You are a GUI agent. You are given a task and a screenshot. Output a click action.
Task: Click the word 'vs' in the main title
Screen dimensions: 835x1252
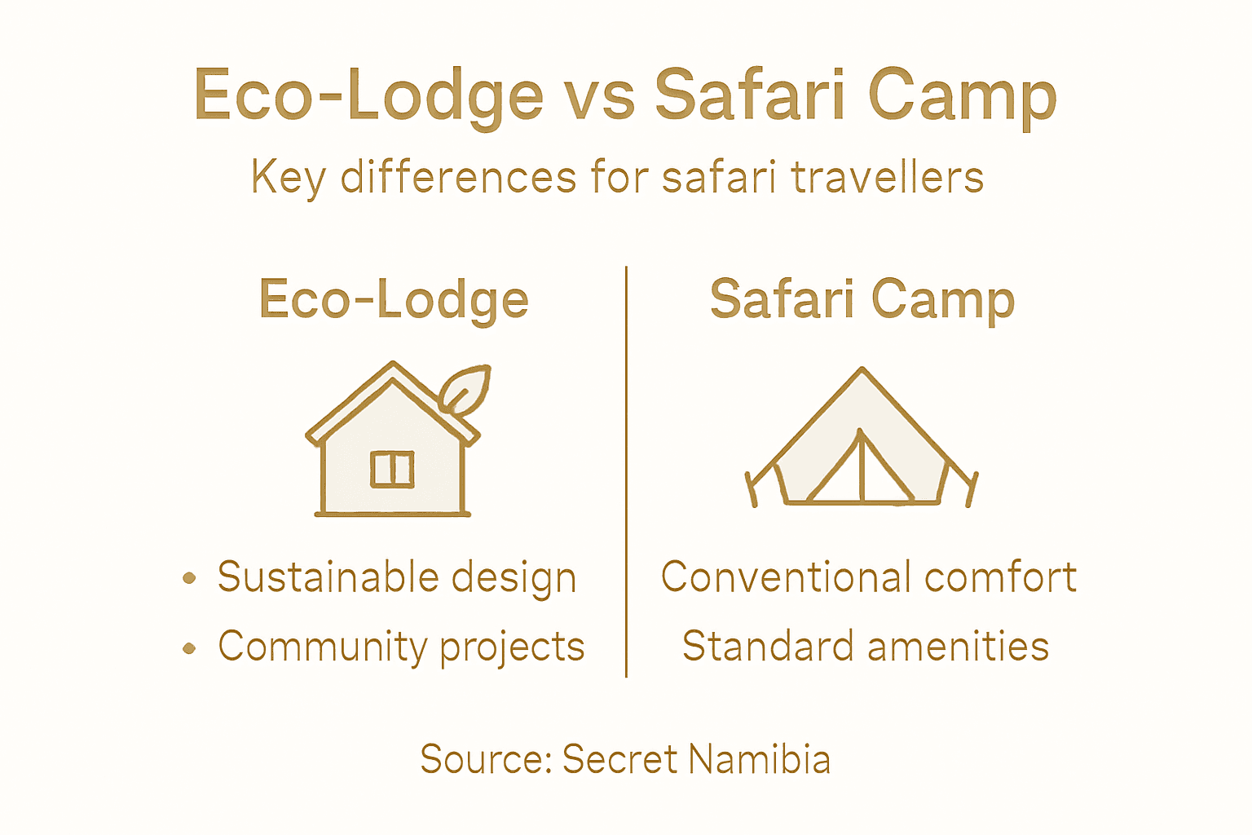click(599, 96)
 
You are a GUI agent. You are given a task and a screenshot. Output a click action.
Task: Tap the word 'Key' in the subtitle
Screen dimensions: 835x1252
click(288, 177)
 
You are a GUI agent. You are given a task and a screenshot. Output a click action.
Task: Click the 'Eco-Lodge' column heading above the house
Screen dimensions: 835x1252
click(394, 299)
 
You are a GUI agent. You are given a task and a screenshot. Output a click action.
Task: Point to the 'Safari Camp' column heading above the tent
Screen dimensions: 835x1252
click(862, 299)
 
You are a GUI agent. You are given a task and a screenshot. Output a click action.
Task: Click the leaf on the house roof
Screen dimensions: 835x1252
click(465, 389)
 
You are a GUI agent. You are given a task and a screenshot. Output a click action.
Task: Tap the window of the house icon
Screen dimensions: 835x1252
click(392, 469)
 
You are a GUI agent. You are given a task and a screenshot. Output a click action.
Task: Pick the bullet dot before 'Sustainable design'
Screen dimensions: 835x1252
click(189, 578)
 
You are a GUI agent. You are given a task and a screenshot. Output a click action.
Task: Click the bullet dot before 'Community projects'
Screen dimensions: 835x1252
click(189, 648)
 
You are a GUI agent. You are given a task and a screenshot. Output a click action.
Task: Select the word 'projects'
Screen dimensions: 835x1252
click(512, 648)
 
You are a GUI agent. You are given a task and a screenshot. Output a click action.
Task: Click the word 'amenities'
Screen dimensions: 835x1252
click(959, 647)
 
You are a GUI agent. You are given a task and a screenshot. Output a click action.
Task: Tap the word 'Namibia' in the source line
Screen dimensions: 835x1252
click(759, 759)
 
